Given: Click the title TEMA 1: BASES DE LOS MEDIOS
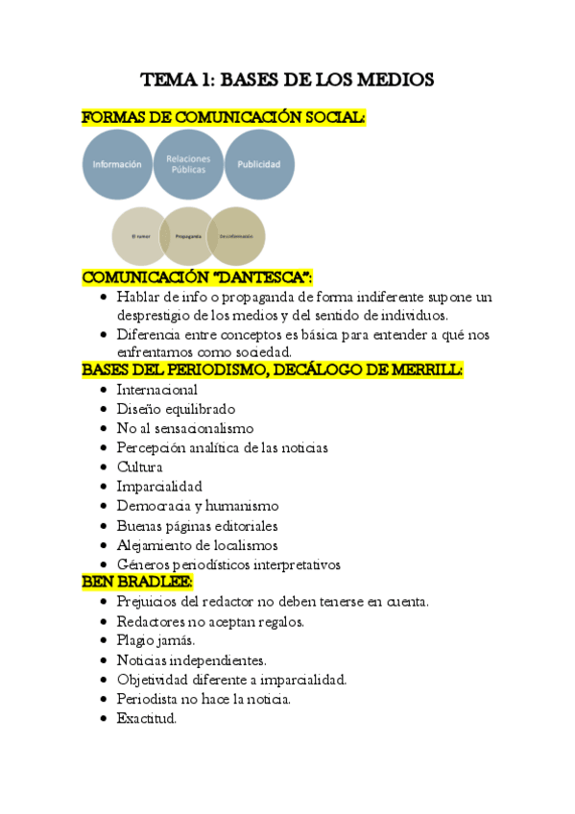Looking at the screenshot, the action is coord(287,80).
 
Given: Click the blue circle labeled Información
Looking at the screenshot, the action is coord(117,164).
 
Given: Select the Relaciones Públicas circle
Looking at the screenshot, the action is coord(188,164).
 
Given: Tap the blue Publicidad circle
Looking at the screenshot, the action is coord(259,164).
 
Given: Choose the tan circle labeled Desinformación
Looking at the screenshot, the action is coord(236,236).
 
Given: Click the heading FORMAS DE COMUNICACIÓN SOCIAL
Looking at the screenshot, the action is coord(224,118).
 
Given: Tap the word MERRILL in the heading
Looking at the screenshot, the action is coord(425,370).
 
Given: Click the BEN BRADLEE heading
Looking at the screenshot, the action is coord(137,582).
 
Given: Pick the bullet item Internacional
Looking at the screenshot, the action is coord(156,390).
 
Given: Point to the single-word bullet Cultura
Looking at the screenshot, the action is coord(139,467).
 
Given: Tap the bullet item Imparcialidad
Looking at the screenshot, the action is coord(159,486).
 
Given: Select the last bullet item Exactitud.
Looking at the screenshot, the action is coord(147,718).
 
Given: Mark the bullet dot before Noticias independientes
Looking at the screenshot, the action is coord(105,660).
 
